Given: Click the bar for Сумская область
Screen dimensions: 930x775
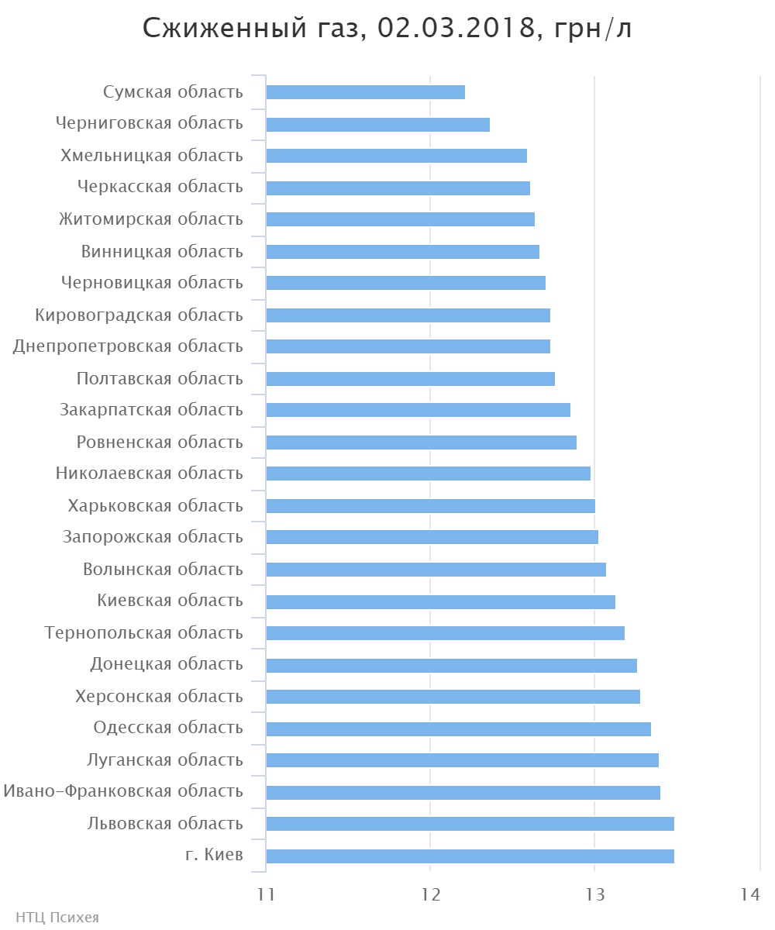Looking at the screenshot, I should pyautogui.click(x=365, y=92).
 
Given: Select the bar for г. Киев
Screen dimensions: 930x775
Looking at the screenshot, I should pyautogui.click(x=470, y=856).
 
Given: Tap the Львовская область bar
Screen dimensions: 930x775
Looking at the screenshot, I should pyautogui.click(x=470, y=824).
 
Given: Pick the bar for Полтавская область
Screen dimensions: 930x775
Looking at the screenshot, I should pyautogui.click(x=410, y=379).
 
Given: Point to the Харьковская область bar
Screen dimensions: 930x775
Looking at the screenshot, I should pyautogui.click(x=430, y=506).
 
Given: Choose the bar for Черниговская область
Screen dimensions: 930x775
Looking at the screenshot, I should pyautogui.click(x=377, y=125).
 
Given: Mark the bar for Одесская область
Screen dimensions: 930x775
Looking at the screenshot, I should pyautogui.click(x=458, y=729).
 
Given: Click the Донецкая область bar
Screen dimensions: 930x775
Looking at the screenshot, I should pyautogui.click(x=451, y=666).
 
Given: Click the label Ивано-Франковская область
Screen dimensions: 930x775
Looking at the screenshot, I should pyautogui.click(x=123, y=791).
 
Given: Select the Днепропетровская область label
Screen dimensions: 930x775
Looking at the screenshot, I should pyautogui.click(x=128, y=346).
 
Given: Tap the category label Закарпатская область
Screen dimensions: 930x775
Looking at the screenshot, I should pyautogui.click(x=151, y=410).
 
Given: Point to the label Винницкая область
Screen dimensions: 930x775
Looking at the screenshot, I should pyautogui.click(x=162, y=252).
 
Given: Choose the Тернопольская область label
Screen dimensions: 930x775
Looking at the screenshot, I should pyautogui.click(x=144, y=633).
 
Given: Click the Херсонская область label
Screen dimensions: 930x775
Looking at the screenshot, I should pyautogui.click(x=159, y=697).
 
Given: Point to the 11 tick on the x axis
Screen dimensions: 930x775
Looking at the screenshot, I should pyautogui.click(x=266, y=894).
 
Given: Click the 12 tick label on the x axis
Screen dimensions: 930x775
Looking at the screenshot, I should pyautogui.click(x=430, y=894).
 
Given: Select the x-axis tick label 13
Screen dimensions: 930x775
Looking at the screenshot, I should pyautogui.click(x=594, y=894).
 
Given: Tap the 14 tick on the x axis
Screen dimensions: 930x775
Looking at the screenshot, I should pyautogui.click(x=749, y=894).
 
